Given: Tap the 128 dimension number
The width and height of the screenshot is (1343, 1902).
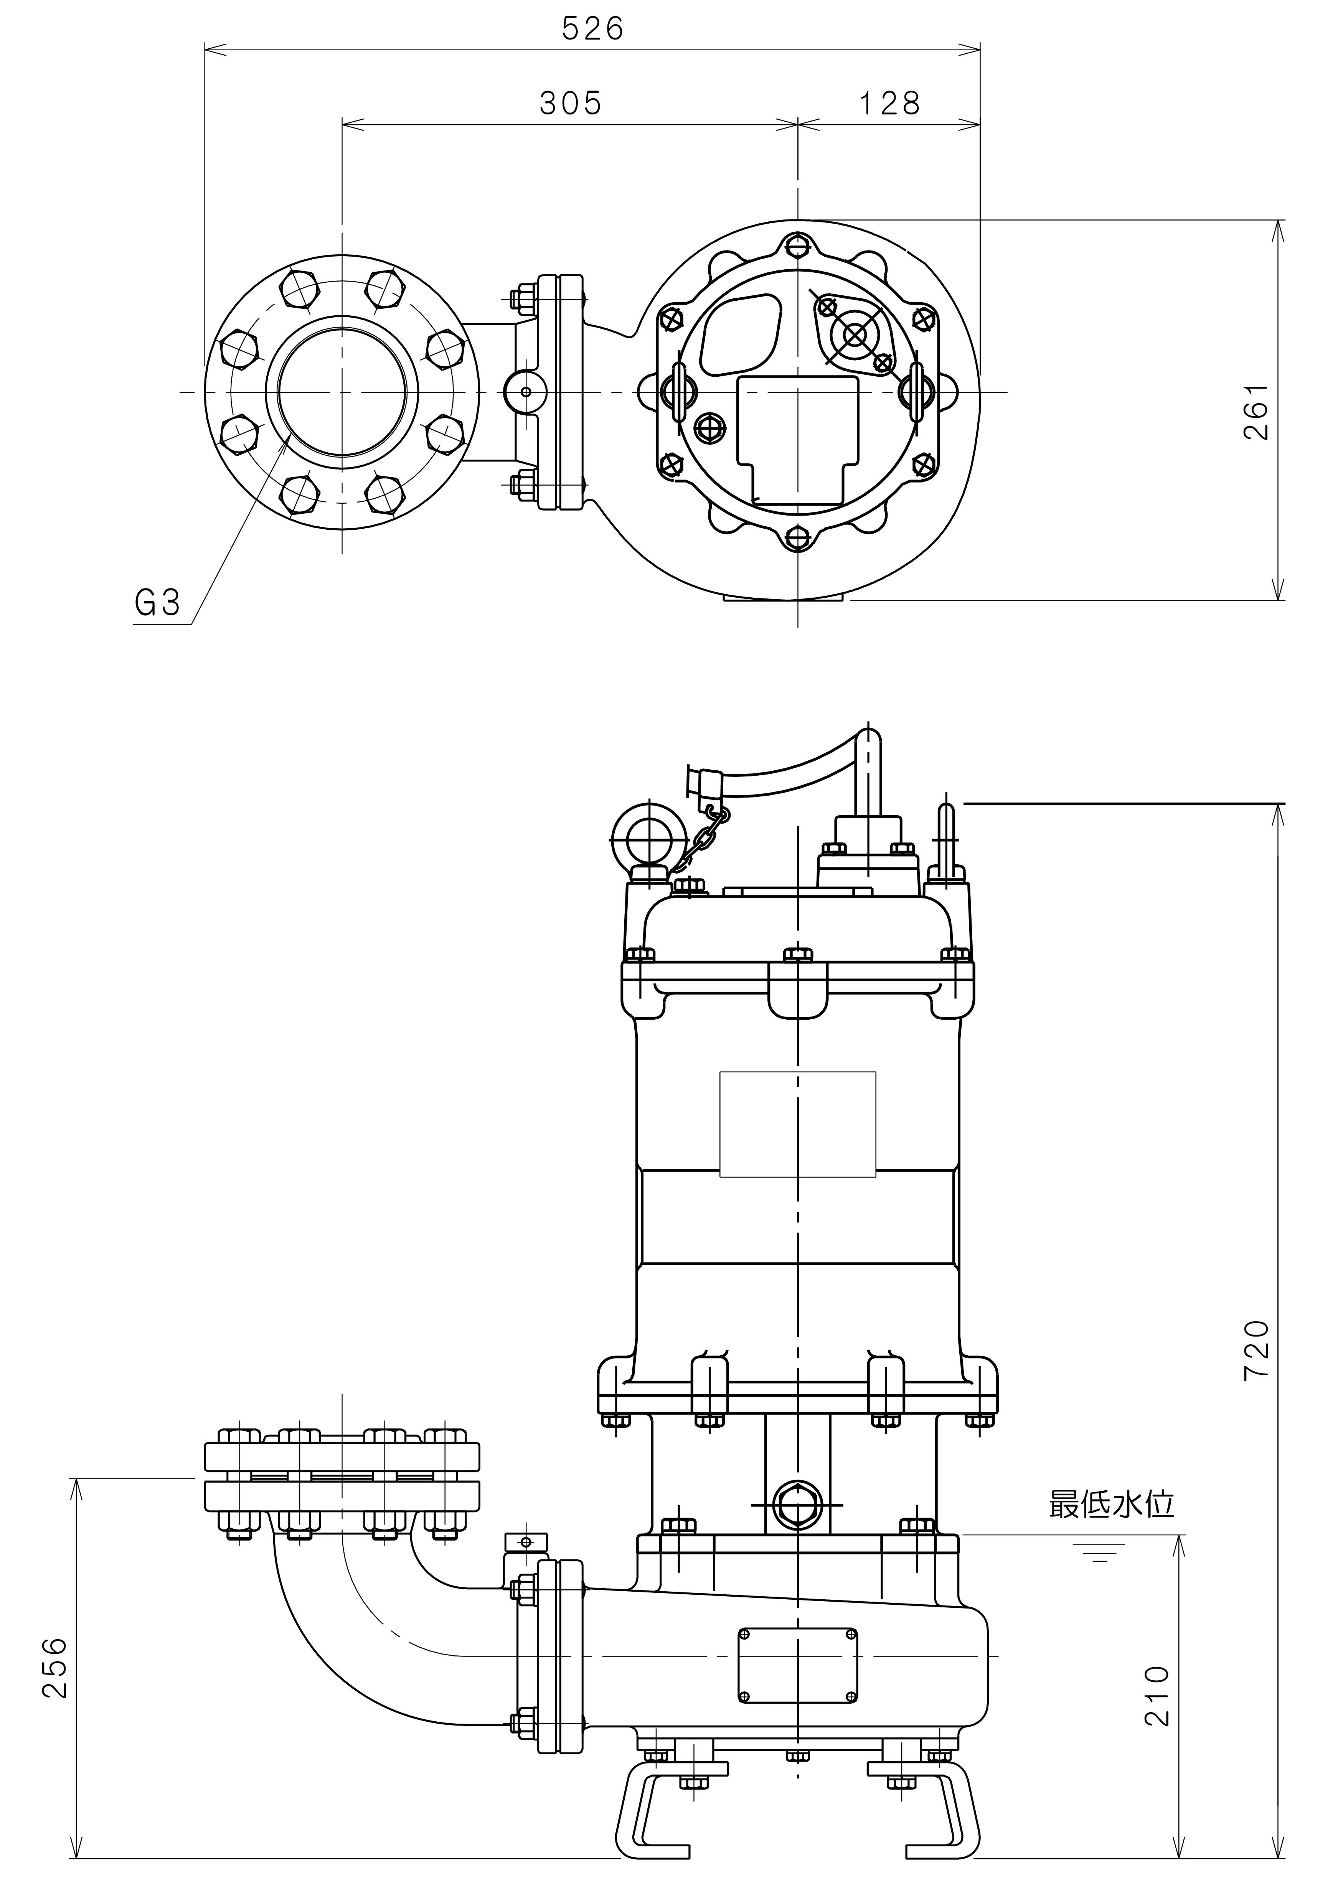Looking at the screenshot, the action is click(x=889, y=104).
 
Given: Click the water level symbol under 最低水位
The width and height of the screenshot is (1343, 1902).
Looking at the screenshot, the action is click(x=1099, y=1553).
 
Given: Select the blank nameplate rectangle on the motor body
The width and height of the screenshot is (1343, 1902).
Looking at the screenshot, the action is click(x=798, y=1124).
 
